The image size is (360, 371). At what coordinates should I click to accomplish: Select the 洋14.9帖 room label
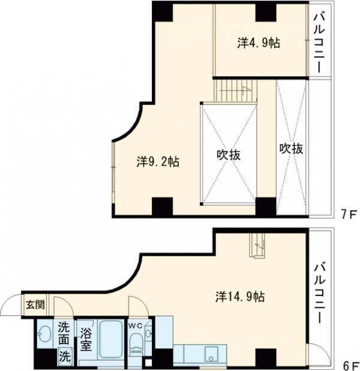(240, 297)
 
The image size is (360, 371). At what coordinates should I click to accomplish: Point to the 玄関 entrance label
(34, 304)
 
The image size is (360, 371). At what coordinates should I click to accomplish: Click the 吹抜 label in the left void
(229, 154)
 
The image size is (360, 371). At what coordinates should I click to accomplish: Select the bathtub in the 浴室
(112, 342)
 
